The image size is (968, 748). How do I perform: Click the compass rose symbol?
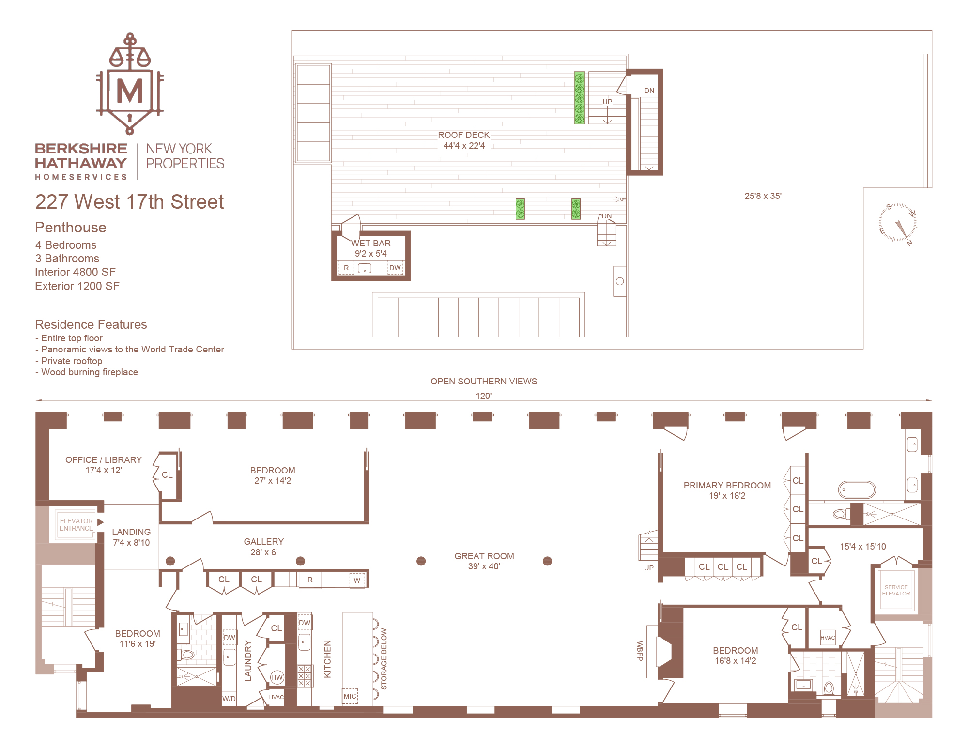pos(897,223)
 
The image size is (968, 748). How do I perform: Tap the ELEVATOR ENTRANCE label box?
pos(76,525)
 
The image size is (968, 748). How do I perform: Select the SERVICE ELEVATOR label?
pos(896,590)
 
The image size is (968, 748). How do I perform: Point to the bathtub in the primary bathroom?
pos(857,489)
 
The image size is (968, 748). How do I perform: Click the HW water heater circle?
pos(277,677)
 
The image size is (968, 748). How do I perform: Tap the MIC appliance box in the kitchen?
pos(350,696)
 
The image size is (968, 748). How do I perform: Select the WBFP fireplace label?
pos(640,651)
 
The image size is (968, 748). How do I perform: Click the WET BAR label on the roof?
pos(371,244)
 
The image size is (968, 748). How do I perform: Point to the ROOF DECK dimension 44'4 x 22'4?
pos(464,146)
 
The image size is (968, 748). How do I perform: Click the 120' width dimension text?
pos(483,396)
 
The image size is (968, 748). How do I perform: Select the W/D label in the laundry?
pos(229,699)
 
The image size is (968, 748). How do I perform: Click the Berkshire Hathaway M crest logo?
pos(130,85)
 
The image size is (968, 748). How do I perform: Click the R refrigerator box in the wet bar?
pos(346,268)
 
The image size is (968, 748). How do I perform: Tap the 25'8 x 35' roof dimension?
pos(763,196)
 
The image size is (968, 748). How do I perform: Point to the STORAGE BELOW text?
pos(384,659)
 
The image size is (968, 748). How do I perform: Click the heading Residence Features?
pos(91,324)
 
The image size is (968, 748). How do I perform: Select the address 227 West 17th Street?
pos(129,202)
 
